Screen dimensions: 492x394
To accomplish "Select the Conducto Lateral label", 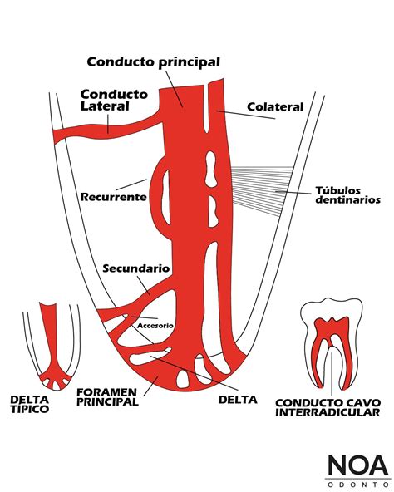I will click(114, 101).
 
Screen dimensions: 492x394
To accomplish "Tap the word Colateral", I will click(275, 106).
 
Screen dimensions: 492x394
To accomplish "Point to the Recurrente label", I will click(114, 197).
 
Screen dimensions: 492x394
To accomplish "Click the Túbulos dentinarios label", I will click(347, 194).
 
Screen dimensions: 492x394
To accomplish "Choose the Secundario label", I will click(136, 268).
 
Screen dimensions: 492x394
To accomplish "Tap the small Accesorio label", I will click(155, 325).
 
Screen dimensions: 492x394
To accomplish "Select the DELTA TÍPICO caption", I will click(29, 404).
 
